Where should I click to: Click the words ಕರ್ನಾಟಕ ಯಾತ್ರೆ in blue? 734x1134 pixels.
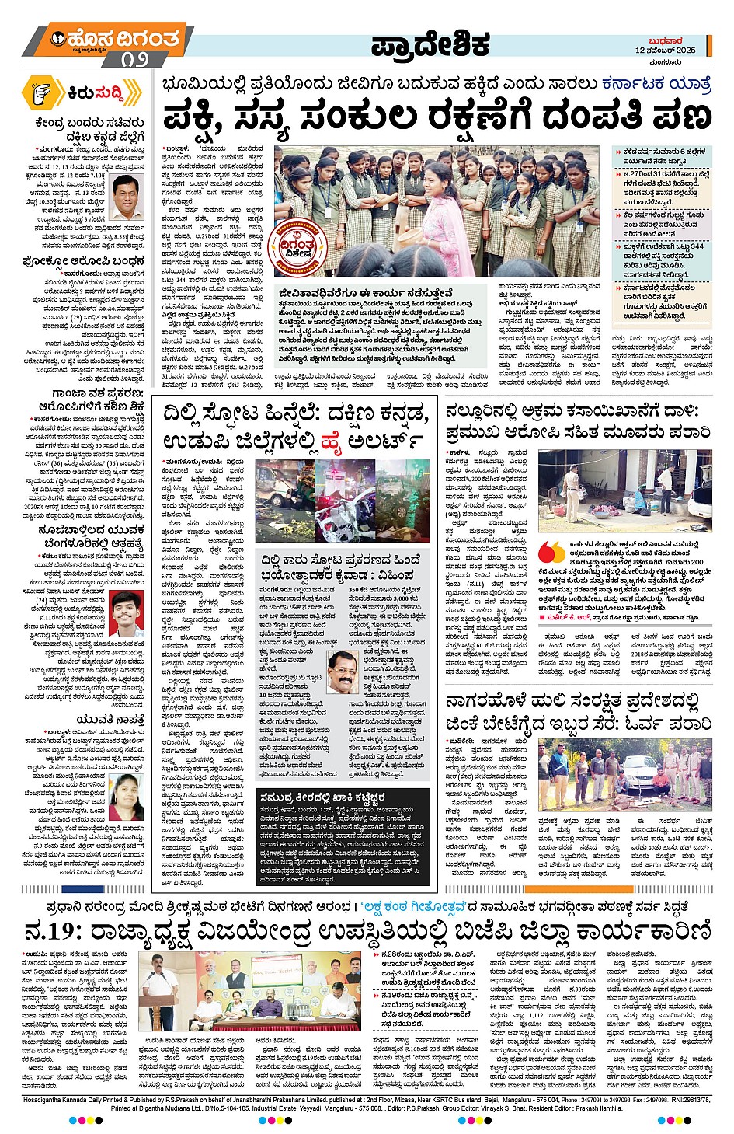(656, 82)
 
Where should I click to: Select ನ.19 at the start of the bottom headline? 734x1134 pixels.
(51, 930)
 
